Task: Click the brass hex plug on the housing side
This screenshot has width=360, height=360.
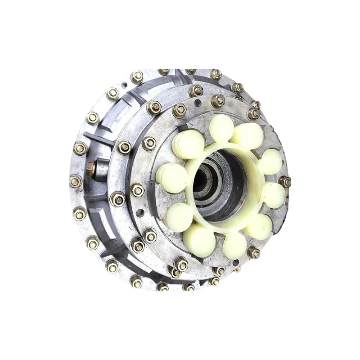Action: [90, 168]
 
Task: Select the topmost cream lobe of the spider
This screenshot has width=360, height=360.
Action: [221, 126]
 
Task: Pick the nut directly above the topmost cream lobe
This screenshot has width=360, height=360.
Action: [218, 101]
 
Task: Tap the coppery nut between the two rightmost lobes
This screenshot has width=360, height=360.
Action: [284, 182]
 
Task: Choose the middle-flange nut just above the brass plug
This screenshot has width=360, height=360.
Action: [124, 147]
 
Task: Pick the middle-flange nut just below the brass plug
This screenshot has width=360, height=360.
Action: [117, 198]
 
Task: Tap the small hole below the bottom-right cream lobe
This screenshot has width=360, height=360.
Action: [238, 269]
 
